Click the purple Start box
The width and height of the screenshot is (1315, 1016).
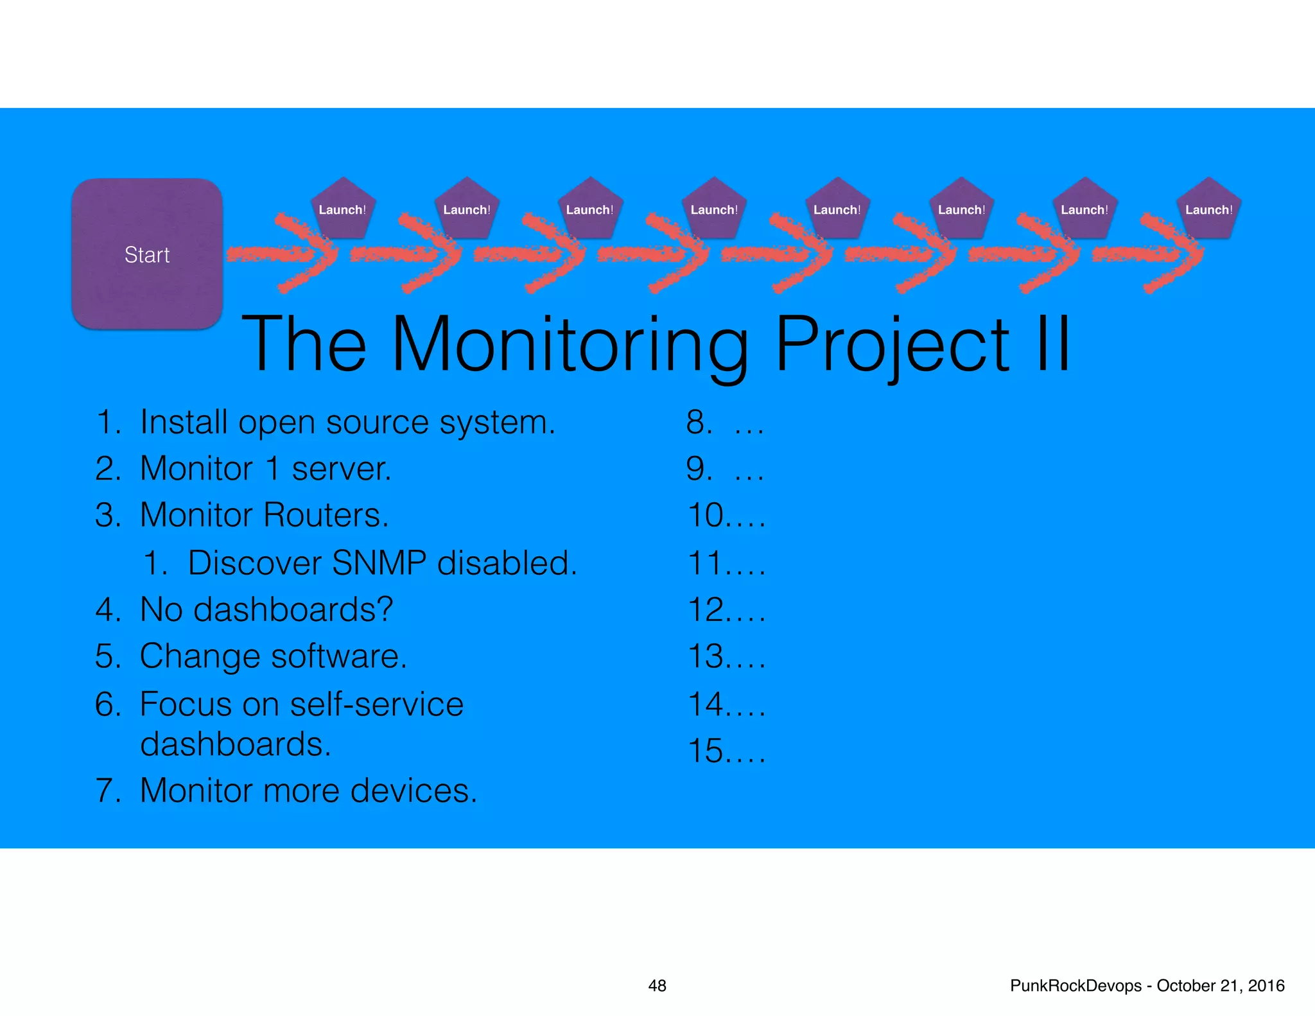147,254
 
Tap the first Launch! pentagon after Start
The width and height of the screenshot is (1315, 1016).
342,209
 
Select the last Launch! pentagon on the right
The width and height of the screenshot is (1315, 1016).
1208,209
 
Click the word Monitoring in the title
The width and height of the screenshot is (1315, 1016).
569,345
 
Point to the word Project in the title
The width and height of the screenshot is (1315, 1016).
893,345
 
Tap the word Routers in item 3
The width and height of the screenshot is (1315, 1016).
326,515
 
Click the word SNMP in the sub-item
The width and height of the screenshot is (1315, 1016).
379,563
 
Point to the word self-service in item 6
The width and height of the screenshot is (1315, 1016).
376,704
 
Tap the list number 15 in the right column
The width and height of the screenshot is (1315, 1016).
706,751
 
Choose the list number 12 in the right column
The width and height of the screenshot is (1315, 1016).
706,609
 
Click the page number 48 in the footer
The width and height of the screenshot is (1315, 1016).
657,986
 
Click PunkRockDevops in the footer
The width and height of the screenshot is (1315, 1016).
1076,986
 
